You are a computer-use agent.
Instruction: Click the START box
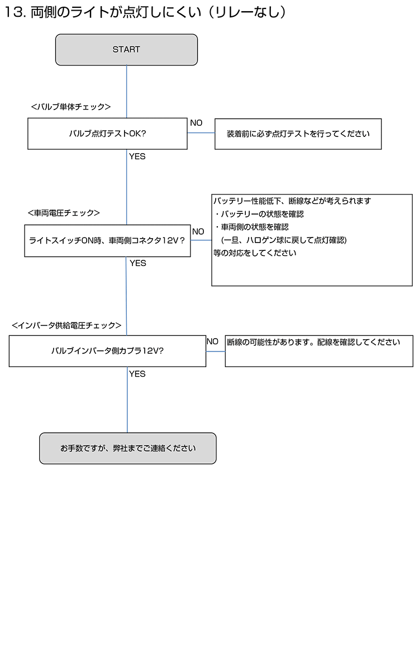[126, 50]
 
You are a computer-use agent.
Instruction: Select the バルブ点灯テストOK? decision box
[107, 134]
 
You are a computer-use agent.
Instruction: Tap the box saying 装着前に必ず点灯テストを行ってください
[298, 134]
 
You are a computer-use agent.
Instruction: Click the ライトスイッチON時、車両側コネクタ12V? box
[107, 241]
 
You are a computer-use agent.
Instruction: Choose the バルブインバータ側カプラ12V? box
[107, 351]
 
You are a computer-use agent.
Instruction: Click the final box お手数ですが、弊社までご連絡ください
[128, 448]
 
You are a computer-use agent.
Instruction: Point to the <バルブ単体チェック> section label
[71, 107]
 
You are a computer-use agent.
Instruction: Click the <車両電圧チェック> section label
[64, 213]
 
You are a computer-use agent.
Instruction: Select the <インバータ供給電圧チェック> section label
[66, 325]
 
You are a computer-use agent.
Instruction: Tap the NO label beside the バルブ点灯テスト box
[196, 123]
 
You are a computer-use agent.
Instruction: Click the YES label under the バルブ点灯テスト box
[137, 156]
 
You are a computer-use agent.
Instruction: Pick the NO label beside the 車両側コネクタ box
[198, 231]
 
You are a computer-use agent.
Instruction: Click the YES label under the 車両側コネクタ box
[138, 263]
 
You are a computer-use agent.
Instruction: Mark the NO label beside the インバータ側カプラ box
[212, 341]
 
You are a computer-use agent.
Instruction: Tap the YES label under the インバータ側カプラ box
[137, 374]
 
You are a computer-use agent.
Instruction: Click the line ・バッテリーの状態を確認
[259, 214]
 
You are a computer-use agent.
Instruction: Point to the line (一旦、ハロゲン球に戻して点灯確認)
[284, 240]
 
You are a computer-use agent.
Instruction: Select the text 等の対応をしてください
[255, 253]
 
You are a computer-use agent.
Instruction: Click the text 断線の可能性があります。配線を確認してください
[313, 343]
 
